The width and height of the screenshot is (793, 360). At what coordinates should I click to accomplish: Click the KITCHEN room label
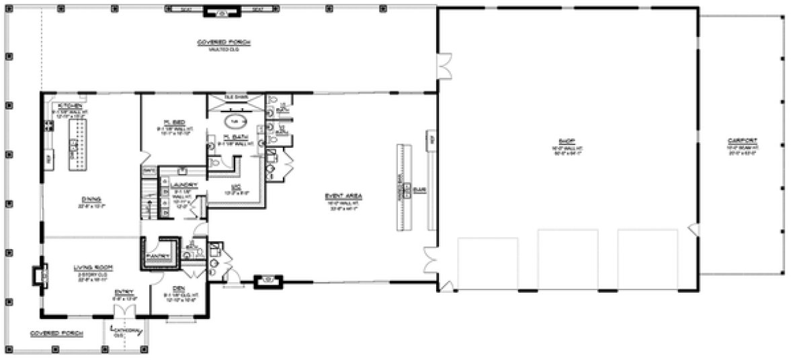point(71,106)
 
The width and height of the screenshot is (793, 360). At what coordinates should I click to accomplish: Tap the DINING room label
point(91,199)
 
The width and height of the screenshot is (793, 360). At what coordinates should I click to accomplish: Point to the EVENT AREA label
point(344,195)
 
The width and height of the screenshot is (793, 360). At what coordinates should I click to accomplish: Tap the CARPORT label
point(742,140)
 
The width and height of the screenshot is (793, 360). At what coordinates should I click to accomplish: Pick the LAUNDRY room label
point(183,185)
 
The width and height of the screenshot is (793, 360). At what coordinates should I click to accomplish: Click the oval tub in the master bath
point(236,122)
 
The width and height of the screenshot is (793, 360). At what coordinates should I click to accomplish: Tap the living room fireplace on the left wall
point(38,275)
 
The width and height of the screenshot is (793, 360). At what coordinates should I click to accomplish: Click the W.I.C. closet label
point(235,189)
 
